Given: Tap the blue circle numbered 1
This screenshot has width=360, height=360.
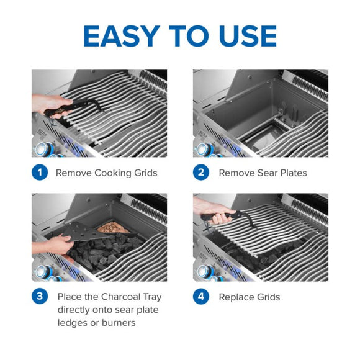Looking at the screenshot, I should coord(39,173).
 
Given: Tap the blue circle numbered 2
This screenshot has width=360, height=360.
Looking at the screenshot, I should coord(200,173).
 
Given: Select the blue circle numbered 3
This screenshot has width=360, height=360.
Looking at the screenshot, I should coord(39,297).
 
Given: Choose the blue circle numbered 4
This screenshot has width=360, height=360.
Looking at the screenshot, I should coord(200,297).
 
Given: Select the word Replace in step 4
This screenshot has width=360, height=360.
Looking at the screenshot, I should coord(236,297).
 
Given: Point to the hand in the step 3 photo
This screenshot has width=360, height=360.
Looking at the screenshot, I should coord(47,244).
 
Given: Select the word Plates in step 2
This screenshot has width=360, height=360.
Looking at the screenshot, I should coord(292,173).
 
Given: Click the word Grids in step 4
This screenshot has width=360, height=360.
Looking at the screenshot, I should coord(268,297).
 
